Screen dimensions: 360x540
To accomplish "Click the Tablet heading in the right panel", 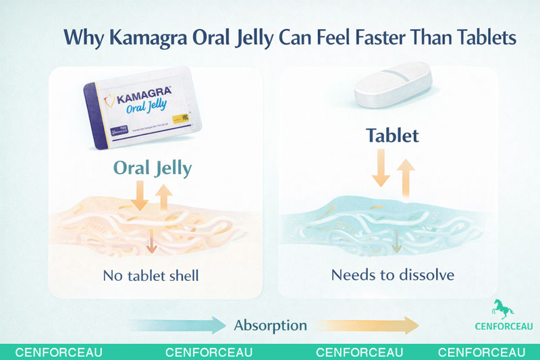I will [392, 135].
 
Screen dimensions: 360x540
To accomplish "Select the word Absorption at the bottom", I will [270, 326].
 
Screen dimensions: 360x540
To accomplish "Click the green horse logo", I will [503, 308].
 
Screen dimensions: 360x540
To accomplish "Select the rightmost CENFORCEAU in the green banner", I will [481, 353].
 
